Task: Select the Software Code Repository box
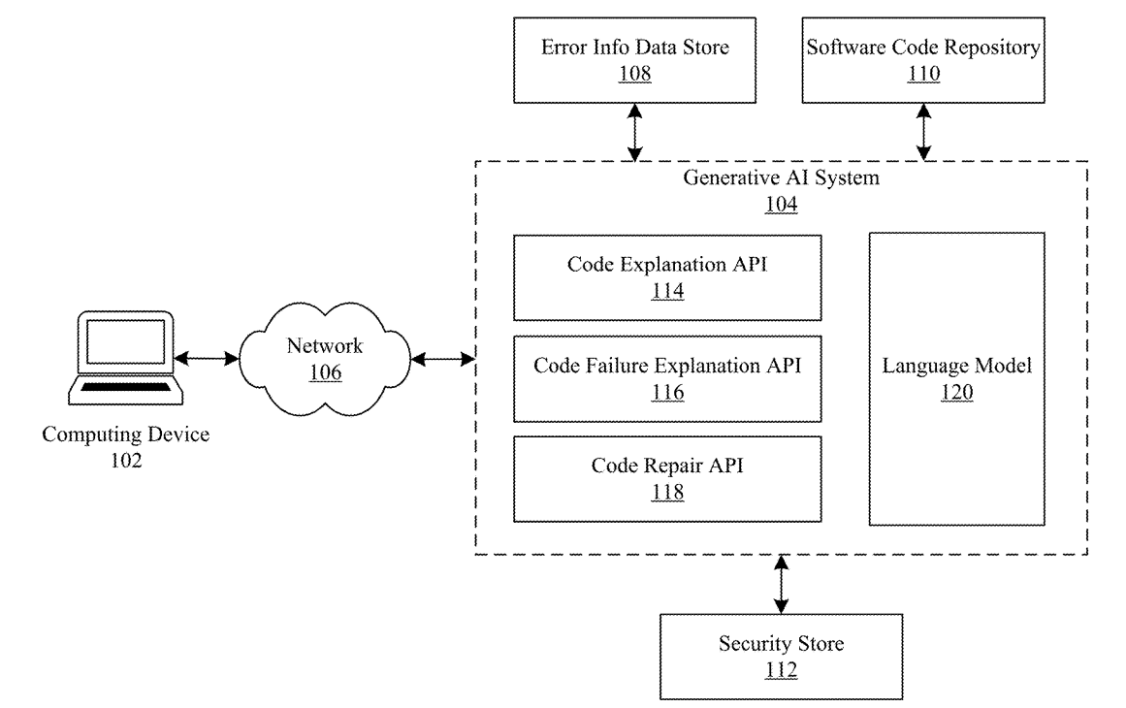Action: tap(924, 61)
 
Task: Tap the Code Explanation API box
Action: tap(668, 276)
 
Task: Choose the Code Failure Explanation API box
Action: tap(668, 378)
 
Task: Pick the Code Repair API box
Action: tap(668, 478)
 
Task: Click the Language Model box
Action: tap(956, 378)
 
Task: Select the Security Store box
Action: tap(781, 656)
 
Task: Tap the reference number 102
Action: tap(126, 461)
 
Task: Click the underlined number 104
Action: tap(781, 205)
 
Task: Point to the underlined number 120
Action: tap(956, 393)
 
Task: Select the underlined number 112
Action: tap(781, 669)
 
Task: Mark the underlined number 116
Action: tap(668, 393)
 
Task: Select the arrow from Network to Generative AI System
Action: tap(442, 360)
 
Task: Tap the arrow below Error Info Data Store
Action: tap(634, 133)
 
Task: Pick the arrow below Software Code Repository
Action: tap(924, 133)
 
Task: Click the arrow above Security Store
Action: tap(781, 584)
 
